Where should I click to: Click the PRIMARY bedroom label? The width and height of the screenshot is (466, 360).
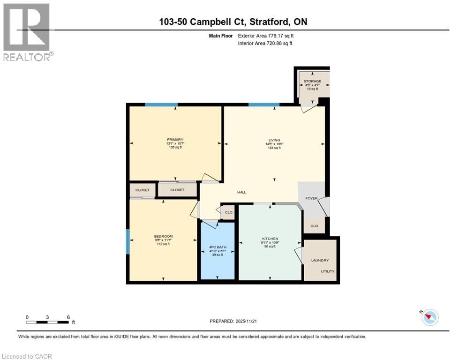coord(174,140)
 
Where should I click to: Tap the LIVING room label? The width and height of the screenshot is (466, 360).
coord(274,140)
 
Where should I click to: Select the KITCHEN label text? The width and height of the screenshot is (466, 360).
coord(270,238)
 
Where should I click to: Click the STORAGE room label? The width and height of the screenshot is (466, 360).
coord(312,81)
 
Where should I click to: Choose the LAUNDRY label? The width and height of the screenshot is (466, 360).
coord(320,260)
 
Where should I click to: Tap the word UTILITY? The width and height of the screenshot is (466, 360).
coord(328,271)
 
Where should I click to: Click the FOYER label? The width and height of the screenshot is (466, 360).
coord(311,198)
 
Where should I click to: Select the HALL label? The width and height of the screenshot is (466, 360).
coord(241,192)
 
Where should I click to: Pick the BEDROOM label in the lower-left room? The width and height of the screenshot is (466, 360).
coord(163,236)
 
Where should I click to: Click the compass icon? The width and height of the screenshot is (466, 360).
coord(429,317)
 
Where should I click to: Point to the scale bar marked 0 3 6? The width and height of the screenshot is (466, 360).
coord(48,322)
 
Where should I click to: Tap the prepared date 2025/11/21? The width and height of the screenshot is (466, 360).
coord(234,321)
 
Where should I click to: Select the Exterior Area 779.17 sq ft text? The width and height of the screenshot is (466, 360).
coord(265,36)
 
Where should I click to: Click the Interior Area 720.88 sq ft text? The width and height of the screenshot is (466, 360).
coord(265,44)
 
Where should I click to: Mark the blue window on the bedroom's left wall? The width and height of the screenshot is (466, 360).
coord(128,241)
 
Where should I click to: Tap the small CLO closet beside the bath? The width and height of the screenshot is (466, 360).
coord(229,212)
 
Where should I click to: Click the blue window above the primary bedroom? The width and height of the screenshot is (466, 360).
coord(161,105)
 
